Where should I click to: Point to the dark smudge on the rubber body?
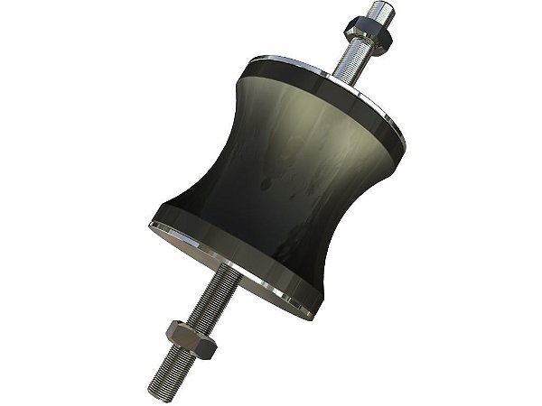point(272,184)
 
